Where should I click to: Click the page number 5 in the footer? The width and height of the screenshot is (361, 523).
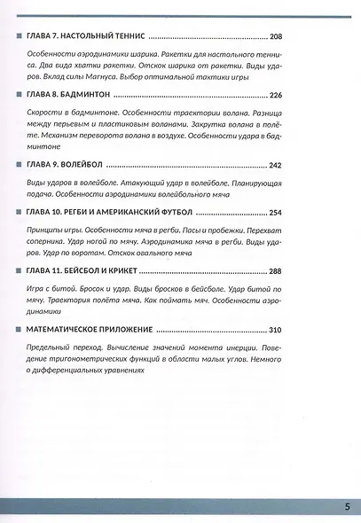(x=347, y=507)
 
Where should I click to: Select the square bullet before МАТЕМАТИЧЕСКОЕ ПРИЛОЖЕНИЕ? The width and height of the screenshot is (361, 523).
(x=20, y=330)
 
